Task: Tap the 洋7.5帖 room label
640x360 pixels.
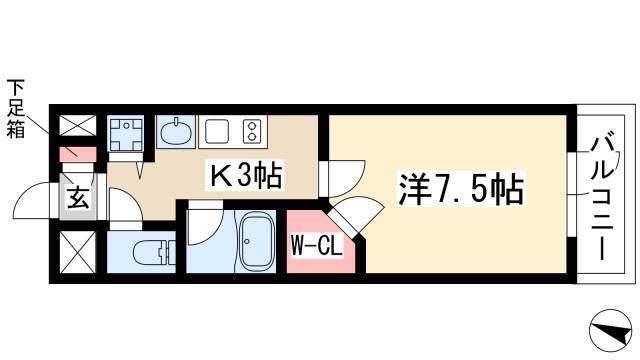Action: (x=461, y=190)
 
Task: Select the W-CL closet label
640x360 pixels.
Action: (x=317, y=246)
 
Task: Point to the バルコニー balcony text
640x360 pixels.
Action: (x=602, y=199)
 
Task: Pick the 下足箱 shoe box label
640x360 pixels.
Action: (x=16, y=109)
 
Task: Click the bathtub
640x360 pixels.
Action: (x=256, y=242)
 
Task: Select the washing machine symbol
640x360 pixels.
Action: (x=126, y=133)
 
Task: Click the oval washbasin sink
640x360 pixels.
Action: (x=176, y=131)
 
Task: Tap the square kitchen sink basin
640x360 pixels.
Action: (x=217, y=131)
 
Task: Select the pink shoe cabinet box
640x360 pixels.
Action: (x=78, y=154)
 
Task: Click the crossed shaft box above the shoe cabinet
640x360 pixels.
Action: (x=78, y=125)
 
